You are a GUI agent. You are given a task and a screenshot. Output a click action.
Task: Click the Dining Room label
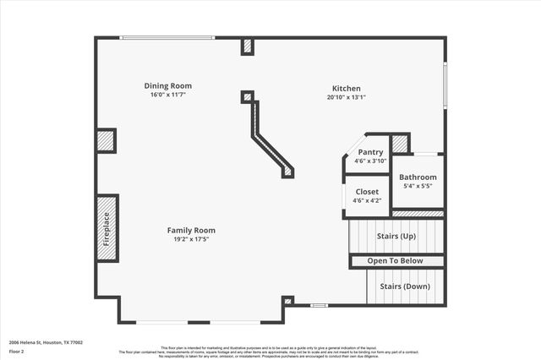[167, 85]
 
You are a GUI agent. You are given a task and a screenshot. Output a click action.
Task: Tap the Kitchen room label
[347, 88]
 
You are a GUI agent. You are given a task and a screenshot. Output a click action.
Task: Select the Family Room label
[191, 230]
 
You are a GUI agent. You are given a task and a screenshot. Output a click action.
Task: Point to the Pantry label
[370, 152]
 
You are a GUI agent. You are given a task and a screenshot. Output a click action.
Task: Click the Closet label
[367, 192]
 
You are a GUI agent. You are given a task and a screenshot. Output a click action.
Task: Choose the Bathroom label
[418, 177]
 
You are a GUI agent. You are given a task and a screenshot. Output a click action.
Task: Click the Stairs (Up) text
[397, 236]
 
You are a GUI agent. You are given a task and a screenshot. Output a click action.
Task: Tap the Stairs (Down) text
[403, 286]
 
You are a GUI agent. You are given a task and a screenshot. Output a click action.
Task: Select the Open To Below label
[396, 261]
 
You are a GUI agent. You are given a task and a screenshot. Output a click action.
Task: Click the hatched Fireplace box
[107, 228]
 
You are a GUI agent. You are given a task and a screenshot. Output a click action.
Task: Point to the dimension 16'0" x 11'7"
[167, 95]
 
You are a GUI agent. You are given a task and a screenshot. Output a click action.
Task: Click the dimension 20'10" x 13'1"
[347, 97]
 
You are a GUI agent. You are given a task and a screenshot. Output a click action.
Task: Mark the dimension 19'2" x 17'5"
[191, 239]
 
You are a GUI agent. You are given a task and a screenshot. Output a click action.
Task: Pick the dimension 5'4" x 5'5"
[418, 186]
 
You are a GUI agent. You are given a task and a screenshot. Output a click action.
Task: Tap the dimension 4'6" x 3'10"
[370, 161]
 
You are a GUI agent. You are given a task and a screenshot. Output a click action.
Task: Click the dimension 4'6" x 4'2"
[367, 200]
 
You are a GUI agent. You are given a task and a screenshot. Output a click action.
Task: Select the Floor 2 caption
[18, 351]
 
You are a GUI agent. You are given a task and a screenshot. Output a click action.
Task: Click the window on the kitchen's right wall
[445, 85]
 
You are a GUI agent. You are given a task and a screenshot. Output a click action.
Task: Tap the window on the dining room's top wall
[167, 37]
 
